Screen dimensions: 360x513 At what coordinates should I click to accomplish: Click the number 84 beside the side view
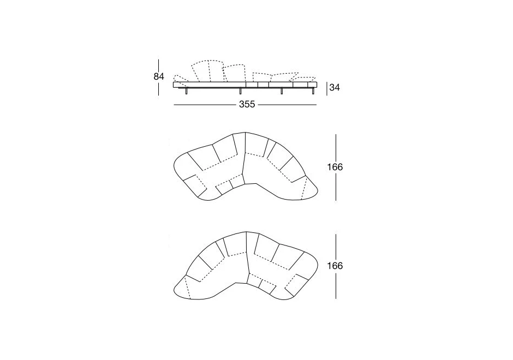coord(158,77)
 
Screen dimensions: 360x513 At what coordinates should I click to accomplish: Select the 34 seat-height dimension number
coord(335,88)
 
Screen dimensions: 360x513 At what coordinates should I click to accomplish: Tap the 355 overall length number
coord(247,104)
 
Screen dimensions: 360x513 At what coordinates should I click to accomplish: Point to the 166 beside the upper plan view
coord(335,167)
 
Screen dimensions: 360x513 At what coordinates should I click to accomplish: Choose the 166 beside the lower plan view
coord(335,266)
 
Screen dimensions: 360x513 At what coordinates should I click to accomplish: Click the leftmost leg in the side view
coord(187,91)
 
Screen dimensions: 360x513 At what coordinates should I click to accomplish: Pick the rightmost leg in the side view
coord(313,91)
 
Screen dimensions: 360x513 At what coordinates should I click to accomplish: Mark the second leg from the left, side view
coord(240,91)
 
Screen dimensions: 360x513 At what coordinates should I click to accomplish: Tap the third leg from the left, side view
coord(282,91)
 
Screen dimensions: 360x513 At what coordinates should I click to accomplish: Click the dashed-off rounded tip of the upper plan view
coord(309,189)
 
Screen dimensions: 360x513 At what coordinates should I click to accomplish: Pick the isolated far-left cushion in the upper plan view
coord(195,186)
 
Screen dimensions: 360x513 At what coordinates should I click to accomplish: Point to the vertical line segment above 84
coord(158,65)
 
